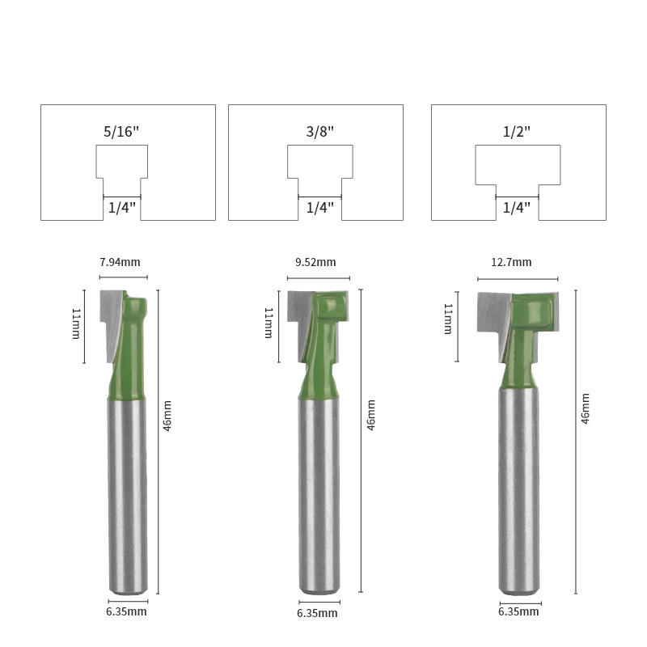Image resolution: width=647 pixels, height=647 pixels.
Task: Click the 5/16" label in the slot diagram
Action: tap(121, 132)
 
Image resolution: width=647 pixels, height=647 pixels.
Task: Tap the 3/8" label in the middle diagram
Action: tap(319, 132)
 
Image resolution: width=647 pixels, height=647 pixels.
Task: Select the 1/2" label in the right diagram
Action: tap(516, 132)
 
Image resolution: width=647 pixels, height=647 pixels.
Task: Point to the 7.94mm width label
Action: tap(120, 262)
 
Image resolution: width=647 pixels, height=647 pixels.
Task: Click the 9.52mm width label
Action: tap(315, 262)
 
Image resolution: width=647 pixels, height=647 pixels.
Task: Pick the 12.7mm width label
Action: tap(511, 262)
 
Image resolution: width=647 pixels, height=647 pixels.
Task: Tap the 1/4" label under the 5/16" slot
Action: tap(122, 208)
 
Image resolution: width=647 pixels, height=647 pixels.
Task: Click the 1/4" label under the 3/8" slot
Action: tap(319, 208)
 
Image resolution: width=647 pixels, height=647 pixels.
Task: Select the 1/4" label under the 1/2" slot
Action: tap(517, 208)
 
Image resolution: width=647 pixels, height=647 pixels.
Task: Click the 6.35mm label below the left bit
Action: tap(126, 611)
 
